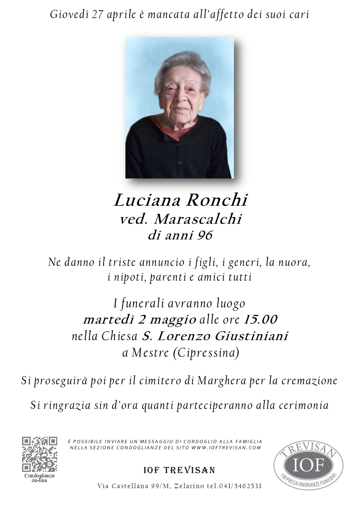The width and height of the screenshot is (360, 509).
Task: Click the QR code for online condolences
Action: [39, 454]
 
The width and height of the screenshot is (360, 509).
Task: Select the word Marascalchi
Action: [198, 219]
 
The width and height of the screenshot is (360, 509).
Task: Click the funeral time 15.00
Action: [260, 320]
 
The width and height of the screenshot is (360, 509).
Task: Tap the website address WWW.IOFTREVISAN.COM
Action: [226, 447]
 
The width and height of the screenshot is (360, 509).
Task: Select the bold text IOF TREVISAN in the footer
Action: [179, 470]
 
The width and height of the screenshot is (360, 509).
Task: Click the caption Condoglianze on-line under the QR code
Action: [39, 478]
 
